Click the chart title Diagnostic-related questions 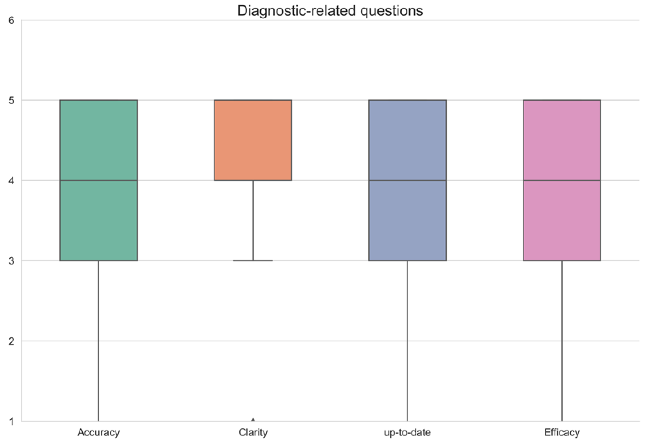click(330, 11)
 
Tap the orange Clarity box click(253, 140)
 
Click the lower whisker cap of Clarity click(253, 260)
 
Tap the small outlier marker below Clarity click(253, 420)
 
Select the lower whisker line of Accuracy click(99, 341)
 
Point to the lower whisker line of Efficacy click(562, 341)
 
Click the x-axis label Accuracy click(99, 432)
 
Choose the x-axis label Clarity click(253, 432)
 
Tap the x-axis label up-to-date click(407, 432)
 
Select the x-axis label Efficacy click(562, 432)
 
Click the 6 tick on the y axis click(11, 20)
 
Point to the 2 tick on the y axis click(11, 341)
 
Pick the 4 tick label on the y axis click(11, 181)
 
